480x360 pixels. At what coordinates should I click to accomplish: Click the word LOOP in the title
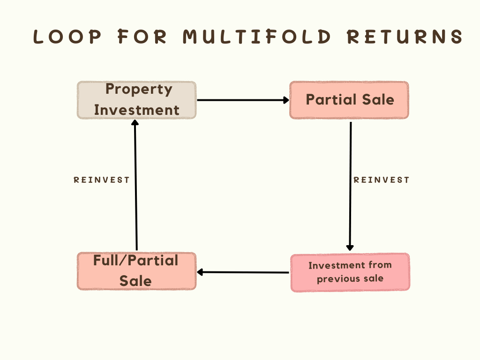[67, 37]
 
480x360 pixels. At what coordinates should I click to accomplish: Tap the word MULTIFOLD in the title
[257, 37]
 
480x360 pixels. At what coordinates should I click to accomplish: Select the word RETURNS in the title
[405, 37]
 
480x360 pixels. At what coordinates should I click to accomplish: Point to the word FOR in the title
[142, 37]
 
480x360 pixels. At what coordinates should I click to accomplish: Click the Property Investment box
[136, 100]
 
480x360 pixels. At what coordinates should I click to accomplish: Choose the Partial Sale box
[349, 100]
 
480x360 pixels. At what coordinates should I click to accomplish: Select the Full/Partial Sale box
[136, 271]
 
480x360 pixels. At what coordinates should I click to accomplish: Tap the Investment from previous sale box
[350, 272]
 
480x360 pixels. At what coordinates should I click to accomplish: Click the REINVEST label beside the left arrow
[102, 180]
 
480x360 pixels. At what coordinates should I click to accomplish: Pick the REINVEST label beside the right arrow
[382, 180]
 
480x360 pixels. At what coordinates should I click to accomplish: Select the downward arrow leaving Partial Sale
[350, 186]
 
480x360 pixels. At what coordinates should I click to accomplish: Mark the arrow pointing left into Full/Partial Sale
[243, 272]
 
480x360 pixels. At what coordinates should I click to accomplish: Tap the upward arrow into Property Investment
[135, 185]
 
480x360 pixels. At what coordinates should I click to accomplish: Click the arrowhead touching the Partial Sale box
[286, 100]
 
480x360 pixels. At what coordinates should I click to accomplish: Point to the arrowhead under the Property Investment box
[135, 122]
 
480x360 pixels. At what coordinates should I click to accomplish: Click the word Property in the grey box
[139, 90]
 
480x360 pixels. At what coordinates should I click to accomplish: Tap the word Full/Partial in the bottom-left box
[135, 261]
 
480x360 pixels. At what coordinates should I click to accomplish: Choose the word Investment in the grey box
[136, 110]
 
